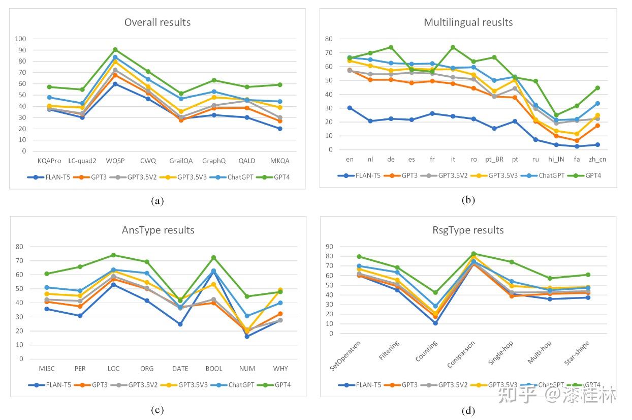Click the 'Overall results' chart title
157,22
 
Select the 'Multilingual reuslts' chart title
468,22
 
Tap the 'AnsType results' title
158,230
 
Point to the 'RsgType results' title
468,230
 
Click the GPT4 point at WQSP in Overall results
115,49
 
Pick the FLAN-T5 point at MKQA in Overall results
279,129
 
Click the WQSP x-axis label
115,161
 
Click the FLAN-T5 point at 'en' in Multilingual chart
350,108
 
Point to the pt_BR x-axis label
494,159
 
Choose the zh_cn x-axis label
597,159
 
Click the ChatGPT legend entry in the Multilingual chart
548,175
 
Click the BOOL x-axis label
214,369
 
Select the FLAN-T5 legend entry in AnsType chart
53,385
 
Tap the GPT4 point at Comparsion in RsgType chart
474,253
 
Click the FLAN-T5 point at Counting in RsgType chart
435,323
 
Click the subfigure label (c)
157,410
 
